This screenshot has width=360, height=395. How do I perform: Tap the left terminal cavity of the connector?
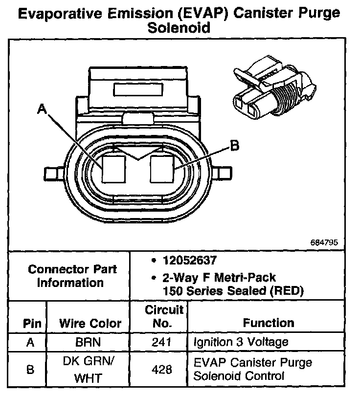tap(114, 169)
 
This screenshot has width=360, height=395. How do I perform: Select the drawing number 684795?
tap(323, 242)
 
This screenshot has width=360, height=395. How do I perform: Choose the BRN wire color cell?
tap(89, 342)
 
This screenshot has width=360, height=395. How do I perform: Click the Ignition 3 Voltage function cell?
tap(241, 342)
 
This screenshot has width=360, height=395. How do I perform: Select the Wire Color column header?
tap(90, 323)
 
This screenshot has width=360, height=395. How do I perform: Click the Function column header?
tap(269, 323)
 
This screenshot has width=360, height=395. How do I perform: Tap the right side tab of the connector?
tap(222, 173)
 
